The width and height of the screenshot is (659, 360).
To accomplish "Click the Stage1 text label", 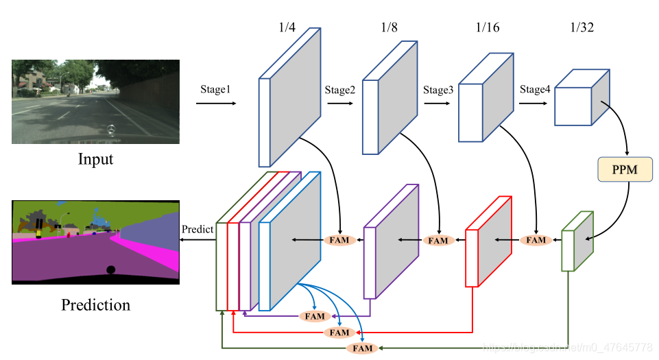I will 216,89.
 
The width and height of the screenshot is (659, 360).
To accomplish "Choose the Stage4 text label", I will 535,89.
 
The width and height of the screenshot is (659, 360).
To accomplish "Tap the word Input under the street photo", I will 95,160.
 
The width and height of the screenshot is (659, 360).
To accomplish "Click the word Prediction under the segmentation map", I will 95,304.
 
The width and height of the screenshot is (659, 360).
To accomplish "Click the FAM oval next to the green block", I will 536,240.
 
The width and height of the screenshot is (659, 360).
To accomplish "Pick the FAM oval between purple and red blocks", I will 438,241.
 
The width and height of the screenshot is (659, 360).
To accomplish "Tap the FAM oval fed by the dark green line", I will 362,348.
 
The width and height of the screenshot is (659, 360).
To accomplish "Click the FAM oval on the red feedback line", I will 339,333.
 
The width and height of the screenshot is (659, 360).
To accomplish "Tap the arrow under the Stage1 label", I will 215,104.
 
